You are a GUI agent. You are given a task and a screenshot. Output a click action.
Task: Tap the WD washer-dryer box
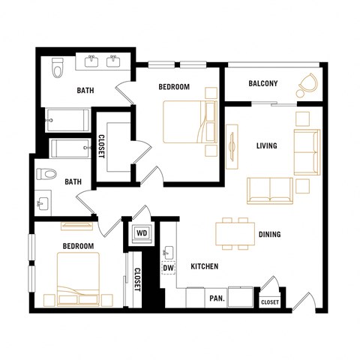click(x=142, y=232)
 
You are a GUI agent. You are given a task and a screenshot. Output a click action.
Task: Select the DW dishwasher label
click(x=168, y=267)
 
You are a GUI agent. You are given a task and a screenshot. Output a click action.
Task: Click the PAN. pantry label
click(x=217, y=298)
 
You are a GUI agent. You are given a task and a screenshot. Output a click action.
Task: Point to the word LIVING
click(x=266, y=145)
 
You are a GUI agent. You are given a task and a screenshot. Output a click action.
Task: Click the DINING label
click(x=270, y=235)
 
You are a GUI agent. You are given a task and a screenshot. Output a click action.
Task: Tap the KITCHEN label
click(x=204, y=267)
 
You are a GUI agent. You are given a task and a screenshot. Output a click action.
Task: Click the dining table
click(x=232, y=233)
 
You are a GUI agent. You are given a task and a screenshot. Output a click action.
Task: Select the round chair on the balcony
click(x=307, y=85)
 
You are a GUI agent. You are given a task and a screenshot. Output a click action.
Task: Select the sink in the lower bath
click(x=40, y=202)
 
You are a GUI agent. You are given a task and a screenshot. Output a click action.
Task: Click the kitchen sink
click(x=168, y=251)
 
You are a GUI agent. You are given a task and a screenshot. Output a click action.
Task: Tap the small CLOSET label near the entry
click(x=269, y=302)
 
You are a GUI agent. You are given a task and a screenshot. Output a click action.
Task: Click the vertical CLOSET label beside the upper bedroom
click(x=102, y=145)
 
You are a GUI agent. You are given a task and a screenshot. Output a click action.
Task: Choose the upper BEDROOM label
click(x=174, y=87)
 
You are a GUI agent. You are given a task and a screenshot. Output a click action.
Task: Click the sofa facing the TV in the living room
click(x=269, y=190)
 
